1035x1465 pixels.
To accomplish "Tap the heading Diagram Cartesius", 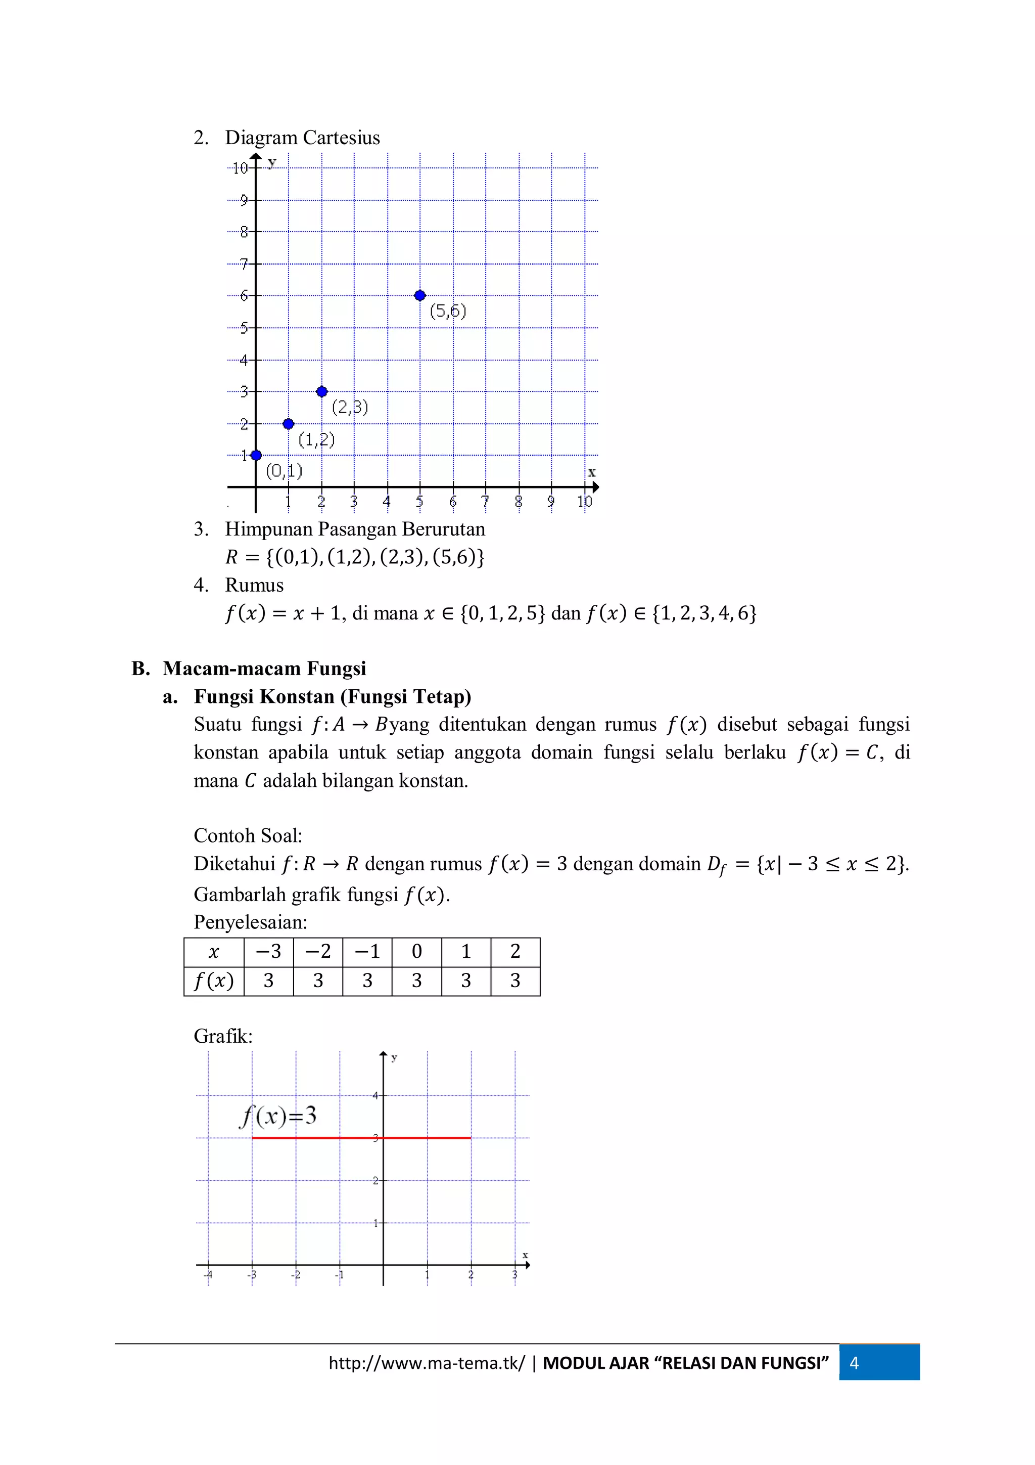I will [302, 138].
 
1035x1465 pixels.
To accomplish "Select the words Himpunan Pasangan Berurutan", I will [355, 529].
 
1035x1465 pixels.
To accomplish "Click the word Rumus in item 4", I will [254, 585].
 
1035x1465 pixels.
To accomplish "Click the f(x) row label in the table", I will [214, 981].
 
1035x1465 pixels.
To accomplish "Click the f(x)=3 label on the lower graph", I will [278, 1116].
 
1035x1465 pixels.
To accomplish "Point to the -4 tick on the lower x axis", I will [208, 1275].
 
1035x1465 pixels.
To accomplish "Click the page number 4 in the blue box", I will [854, 1363].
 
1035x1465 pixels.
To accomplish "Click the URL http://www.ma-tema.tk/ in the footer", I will [427, 1363].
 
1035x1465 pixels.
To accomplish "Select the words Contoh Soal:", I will [248, 835].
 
